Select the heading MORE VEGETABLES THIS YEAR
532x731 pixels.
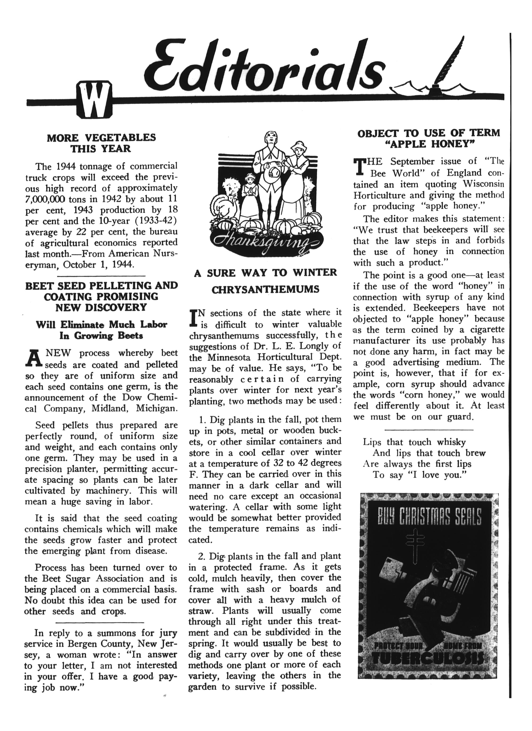click(101, 143)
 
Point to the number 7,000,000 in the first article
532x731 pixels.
click(45, 199)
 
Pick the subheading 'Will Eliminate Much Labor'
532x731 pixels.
click(101, 324)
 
